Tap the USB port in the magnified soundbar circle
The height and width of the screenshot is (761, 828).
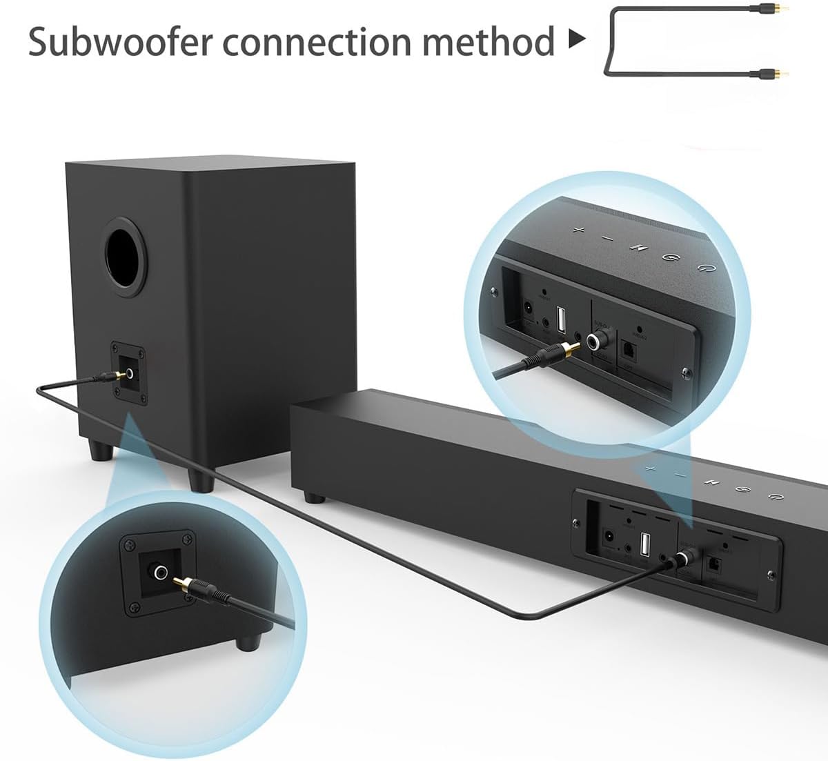[x=560, y=319]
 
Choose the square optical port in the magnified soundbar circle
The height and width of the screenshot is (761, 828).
[x=629, y=350]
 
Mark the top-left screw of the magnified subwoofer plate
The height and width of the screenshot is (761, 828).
[x=129, y=545]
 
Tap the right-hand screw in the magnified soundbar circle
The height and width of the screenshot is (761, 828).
[x=685, y=373]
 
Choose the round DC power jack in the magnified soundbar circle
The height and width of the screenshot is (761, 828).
[x=529, y=308]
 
